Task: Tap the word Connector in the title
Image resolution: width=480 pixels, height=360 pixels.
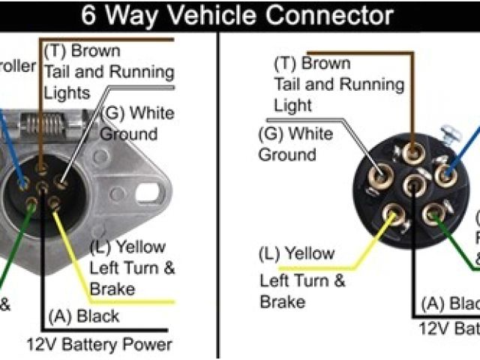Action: pyautogui.click(x=331, y=14)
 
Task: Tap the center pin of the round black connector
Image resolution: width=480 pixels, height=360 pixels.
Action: pyautogui.click(x=413, y=184)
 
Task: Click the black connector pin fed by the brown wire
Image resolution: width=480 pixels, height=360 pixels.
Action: pyautogui.click(x=412, y=152)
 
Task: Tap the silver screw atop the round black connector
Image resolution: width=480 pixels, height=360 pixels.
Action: pyautogui.click(x=451, y=136)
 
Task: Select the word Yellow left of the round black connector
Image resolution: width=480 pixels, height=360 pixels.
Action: pyautogui.click(x=307, y=255)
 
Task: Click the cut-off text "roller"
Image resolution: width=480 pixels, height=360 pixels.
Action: pyautogui.click(x=16, y=67)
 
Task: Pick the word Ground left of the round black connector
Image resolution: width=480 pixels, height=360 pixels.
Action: pyautogui.click(x=288, y=154)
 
